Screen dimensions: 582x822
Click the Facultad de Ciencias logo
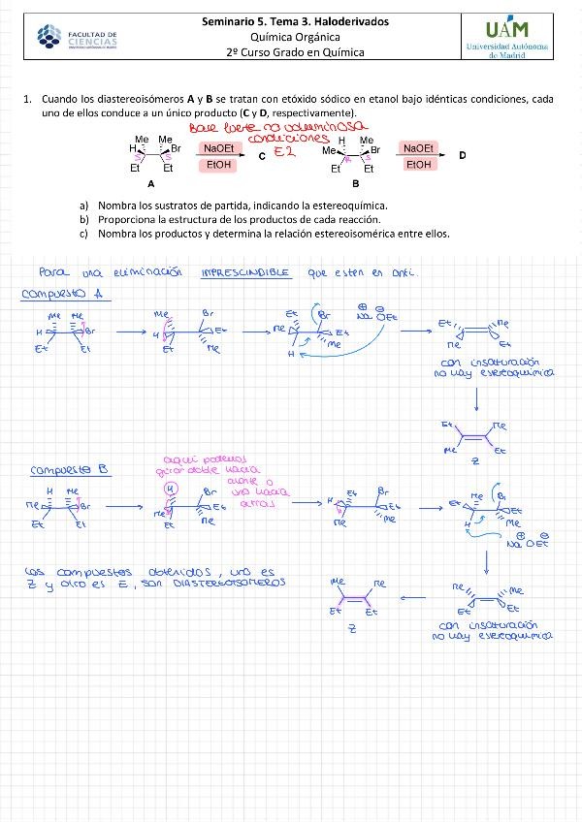(77, 38)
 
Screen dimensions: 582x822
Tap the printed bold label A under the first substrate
(150, 182)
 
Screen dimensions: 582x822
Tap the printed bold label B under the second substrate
(356, 182)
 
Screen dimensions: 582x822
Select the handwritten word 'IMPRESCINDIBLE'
(245, 273)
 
